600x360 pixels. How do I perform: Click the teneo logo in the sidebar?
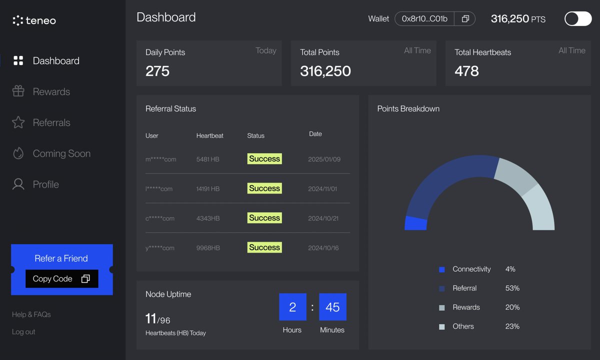pyautogui.click(x=34, y=20)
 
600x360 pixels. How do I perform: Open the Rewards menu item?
pyautogui.click(x=51, y=92)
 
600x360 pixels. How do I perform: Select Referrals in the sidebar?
pyautogui.click(x=51, y=123)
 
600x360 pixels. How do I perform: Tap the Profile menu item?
pyautogui.click(x=45, y=184)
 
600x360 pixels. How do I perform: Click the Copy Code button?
pyautogui.click(x=61, y=279)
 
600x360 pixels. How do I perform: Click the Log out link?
pyautogui.click(x=23, y=332)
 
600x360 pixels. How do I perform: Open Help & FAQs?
pyautogui.click(x=31, y=314)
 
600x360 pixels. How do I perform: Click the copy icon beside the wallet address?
pyautogui.click(x=465, y=19)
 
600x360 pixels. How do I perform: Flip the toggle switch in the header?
pyautogui.click(x=577, y=19)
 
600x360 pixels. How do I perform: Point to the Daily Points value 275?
pyautogui.click(x=157, y=71)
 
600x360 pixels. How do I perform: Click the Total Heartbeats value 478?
pyautogui.click(x=466, y=71)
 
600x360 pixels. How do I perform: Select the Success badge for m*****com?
pyautogui.click(x=264, y=159)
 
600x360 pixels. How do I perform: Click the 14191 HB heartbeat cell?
pyautogui.click(x=208, y=189)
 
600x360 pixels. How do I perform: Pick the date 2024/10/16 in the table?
pyautogui.click(x=323, y=248)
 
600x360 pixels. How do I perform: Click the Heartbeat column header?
pyautogui.click(x=209, y=136)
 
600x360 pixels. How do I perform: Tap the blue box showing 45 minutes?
pyautogui.click(x=332, y=307)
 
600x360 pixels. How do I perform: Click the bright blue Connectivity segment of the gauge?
pyautogui.click(x=416, y=223)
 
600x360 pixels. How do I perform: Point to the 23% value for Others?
pyautogui.click(x=512, y=326)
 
